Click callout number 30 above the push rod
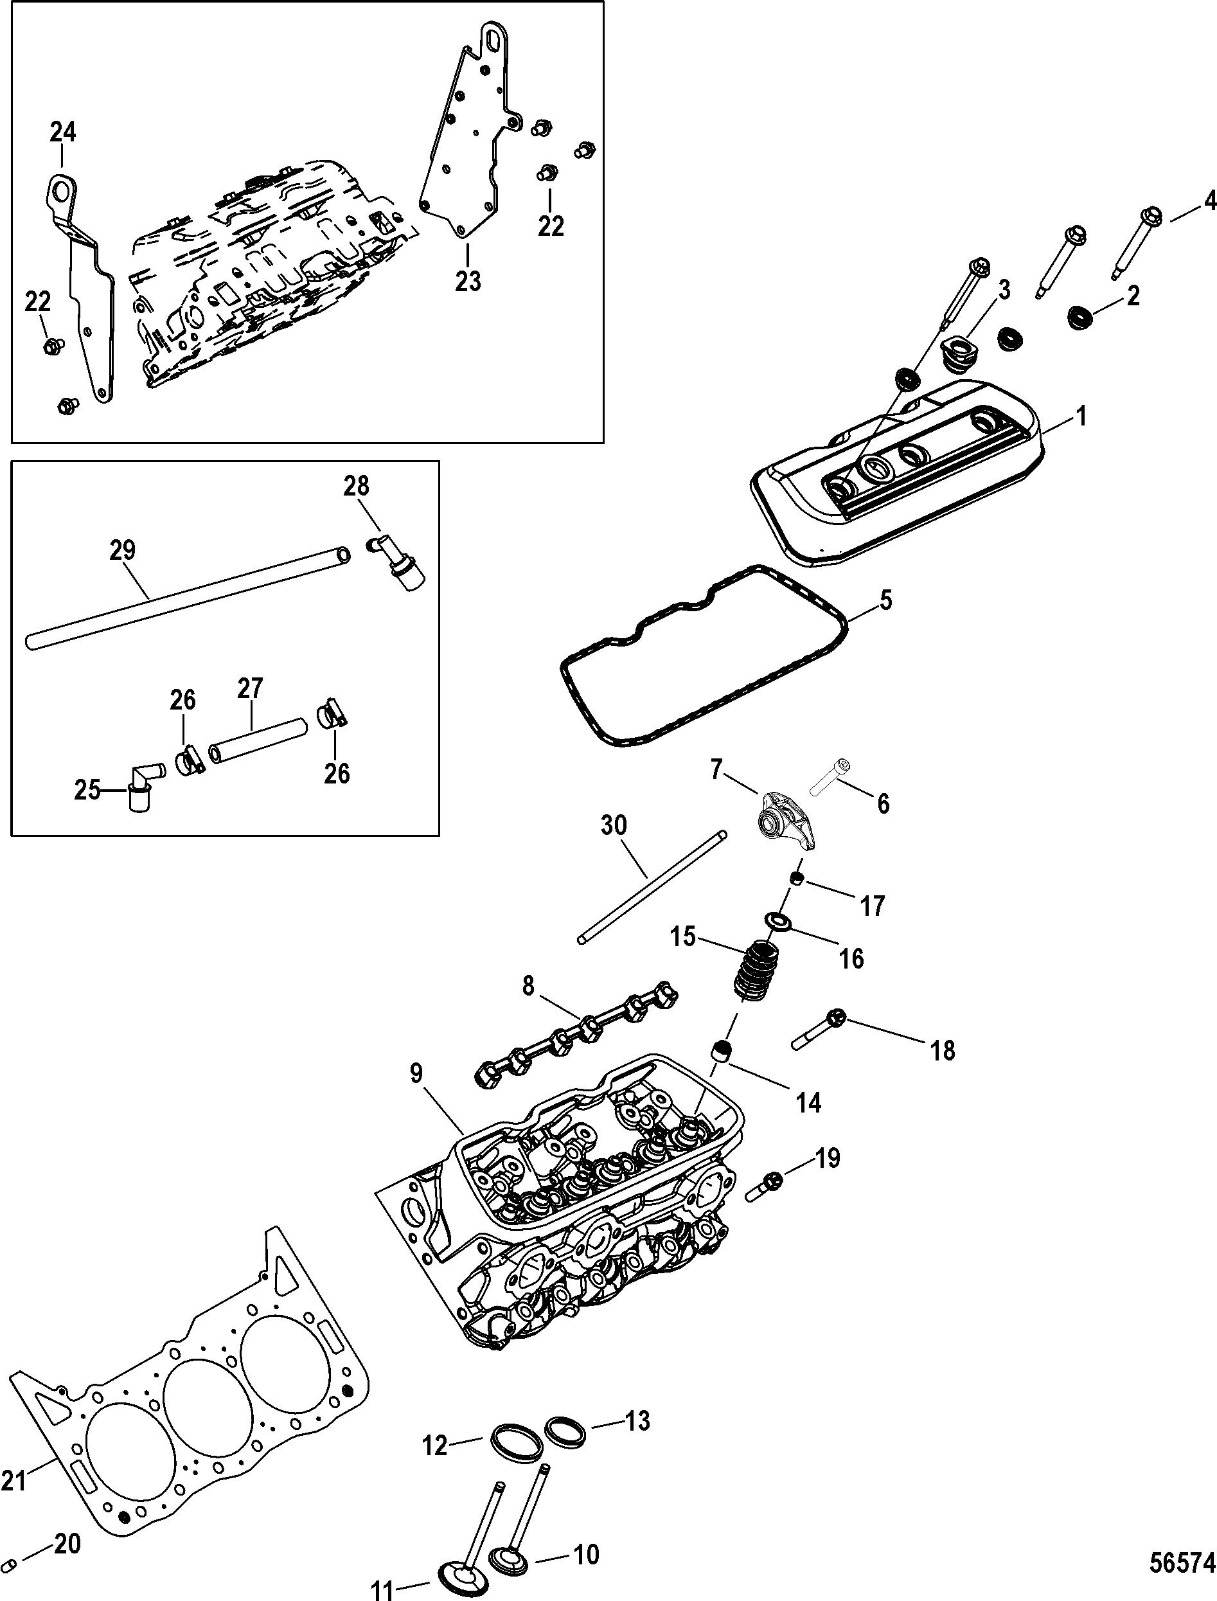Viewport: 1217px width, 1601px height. tap(614, 825)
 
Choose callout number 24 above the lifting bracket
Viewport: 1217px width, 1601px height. tap(63, 132)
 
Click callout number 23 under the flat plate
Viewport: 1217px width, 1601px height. tap(468, 280)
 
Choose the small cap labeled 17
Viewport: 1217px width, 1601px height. tap(797, 879)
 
